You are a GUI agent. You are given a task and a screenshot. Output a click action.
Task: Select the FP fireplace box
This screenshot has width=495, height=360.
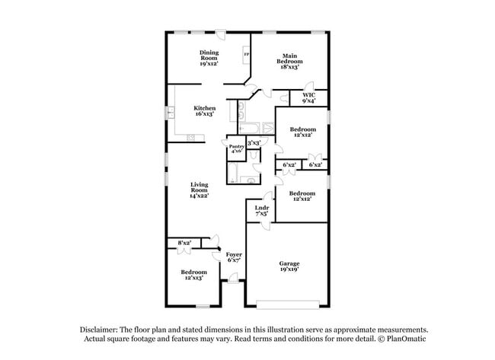245,55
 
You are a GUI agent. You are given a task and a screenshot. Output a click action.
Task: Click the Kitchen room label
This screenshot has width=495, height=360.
204,108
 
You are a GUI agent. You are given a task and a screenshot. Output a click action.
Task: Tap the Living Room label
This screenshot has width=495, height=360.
200,187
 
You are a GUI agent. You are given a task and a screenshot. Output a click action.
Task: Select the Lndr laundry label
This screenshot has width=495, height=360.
261,207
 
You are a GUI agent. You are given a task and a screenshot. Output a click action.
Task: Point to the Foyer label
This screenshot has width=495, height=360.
233,254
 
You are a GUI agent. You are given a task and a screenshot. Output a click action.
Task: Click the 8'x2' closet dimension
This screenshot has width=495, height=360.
184,243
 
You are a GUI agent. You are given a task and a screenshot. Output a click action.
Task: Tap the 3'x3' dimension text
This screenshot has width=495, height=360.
254,142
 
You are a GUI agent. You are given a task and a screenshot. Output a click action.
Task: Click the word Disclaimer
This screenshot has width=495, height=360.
101,329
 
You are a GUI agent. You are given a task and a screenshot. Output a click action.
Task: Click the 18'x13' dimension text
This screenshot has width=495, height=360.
289,67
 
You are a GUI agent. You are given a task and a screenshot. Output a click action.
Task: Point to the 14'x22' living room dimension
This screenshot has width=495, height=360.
200,196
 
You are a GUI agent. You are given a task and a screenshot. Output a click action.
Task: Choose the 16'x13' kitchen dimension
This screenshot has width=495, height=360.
204,114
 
